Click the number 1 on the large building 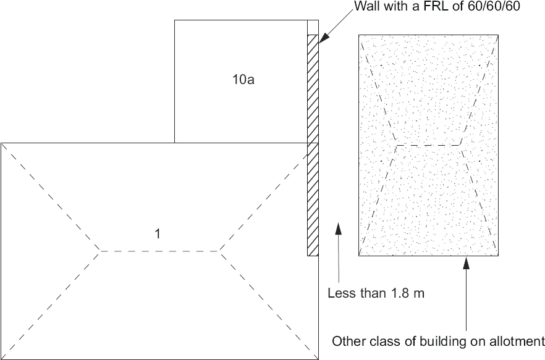click(x=158, y=233)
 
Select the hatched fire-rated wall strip click(x=313, y=145)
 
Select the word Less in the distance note click(x=340, y=293)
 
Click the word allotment click(x=518, y=340)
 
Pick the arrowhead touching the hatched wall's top click(x=323, y=38)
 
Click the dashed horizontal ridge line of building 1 click(x=159, y=251)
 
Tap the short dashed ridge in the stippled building click(x=428, y=145)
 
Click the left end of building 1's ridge click(x=100, y=251)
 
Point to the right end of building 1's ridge click(x=219, y=251)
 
